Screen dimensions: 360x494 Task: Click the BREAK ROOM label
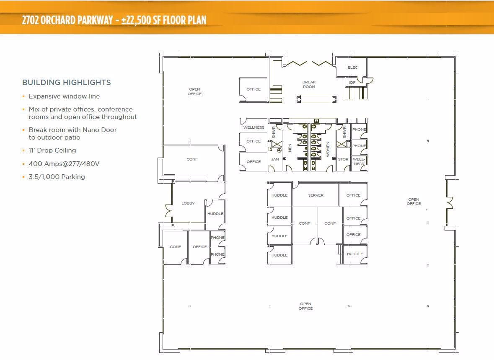pos(309,85)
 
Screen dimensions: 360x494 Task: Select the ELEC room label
pos(353,67)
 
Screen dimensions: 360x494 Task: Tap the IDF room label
pos(352,83)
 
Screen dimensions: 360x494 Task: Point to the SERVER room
pos(316,195)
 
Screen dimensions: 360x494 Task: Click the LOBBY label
pos(188,203)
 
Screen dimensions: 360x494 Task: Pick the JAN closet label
pos(275,159)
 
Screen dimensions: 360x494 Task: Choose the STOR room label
pos(343,159)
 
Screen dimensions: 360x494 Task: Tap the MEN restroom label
pos(290,148)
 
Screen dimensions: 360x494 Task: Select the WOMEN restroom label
pos(328,149)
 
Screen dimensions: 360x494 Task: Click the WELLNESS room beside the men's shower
pos(253,127)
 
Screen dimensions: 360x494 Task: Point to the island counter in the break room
pos(317,99)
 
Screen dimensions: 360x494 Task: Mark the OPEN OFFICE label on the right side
pos(414,202)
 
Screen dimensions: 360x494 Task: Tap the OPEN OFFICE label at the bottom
pos(305,306)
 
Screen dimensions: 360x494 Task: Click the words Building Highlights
pos(67,83)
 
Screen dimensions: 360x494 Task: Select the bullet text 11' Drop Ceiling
pos(52,150)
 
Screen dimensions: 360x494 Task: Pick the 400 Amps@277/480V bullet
pos(64,164)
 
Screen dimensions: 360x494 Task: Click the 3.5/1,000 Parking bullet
pos(57,177)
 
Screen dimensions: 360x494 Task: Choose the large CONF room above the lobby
pos(192,160)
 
